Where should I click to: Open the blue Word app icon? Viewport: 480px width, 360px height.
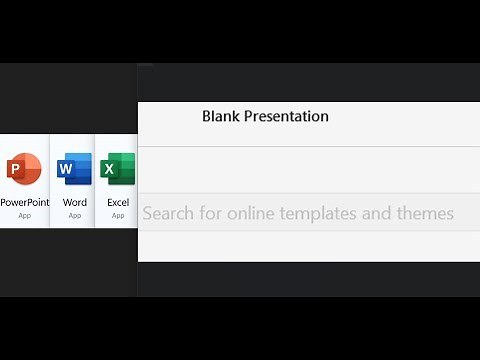pyautogui.click(x=75, y=170)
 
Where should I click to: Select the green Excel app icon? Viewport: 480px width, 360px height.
pyautogui.click(x=118, y=170)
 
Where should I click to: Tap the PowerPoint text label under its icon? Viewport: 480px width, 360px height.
pyautogui.click(x=24, y=202)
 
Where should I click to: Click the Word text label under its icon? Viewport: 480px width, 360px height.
pyautogui.click(x=75, y=202)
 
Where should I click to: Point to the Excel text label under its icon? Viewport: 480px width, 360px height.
pyautogui.click(x=118, y=202)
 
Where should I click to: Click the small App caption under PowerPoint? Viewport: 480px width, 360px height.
pyautogui.click(x=24, y=215)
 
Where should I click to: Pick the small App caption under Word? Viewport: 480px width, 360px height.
pyautogui.click(x=75, y=215)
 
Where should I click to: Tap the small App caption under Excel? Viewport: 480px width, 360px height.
pyautogui.click(x=118, y=215)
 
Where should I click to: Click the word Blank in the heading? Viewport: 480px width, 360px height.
pyautogui.click(x=221, y=116)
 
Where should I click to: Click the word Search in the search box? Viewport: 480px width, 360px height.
pyautogui.click(x=167, y=213)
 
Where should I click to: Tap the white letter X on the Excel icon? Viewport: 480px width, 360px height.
pyautogui.click(x=109, y=169)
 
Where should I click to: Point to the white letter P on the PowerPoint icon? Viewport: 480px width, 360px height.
pyautogui.click(x=17, y=169)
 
